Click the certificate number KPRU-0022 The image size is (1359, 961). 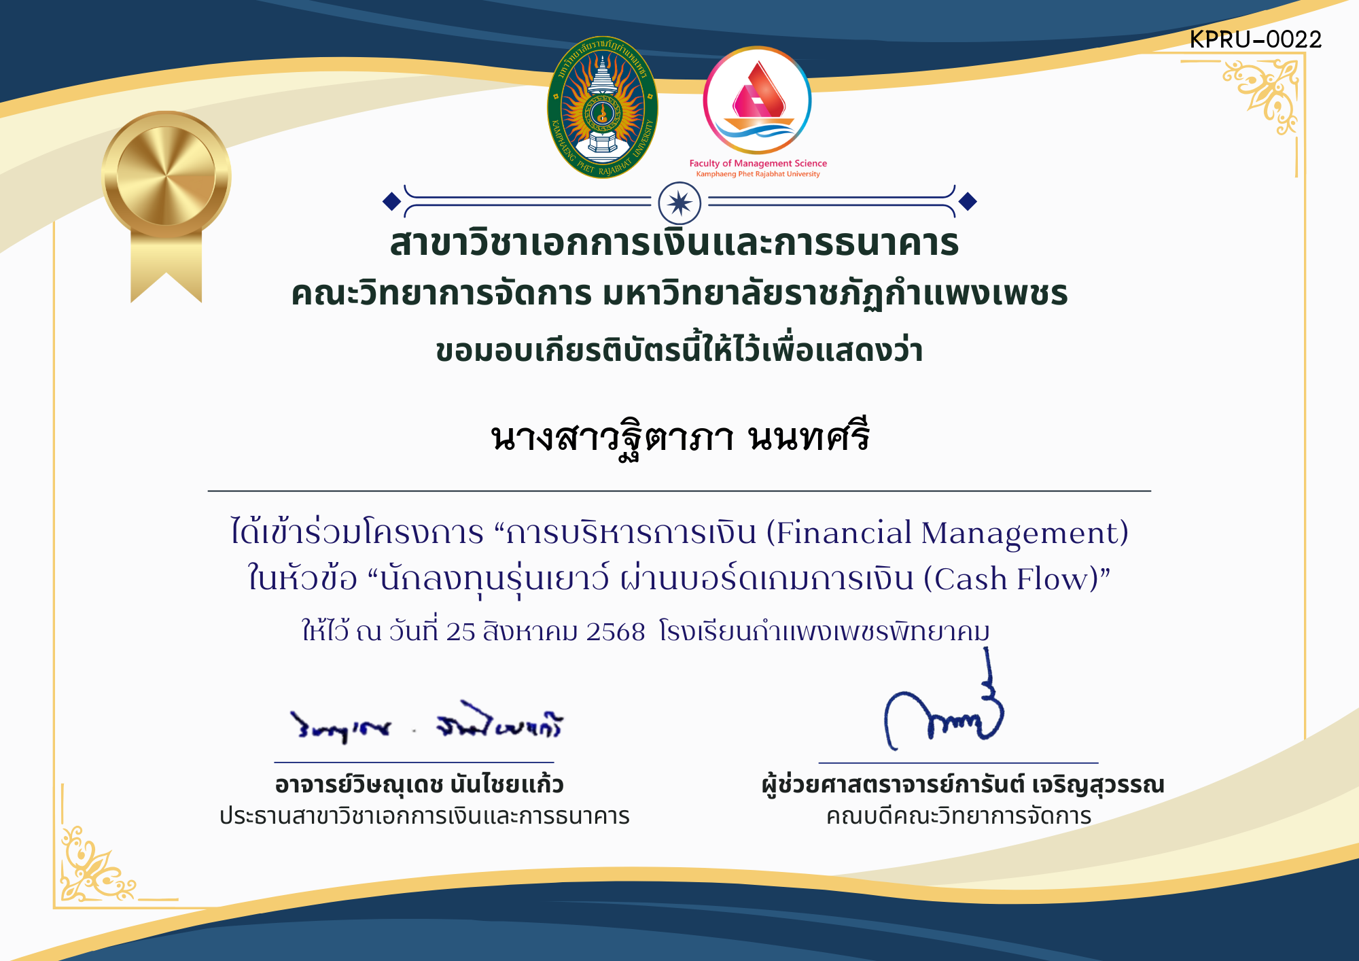pyautogui.click(x=1255, y=39)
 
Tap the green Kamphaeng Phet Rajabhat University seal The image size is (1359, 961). pyautogui.click(x=602, y=107)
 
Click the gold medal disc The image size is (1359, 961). pyautogui.click(x=166, y=175)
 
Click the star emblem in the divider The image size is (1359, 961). pyautogui.click(x=679, y=203)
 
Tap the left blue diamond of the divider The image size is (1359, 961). pyautogui.click(x=391, y=201)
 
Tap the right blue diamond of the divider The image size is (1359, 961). pyautogui.click(x=968, y=201)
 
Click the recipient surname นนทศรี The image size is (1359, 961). pyautogui.click(x=809, y=437)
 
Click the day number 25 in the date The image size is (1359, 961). pyautogui.click(x=461, y=632)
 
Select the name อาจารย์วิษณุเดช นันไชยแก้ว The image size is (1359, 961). pyautogui.click(x=419, y=785)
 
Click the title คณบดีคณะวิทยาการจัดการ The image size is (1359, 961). pyautogui.click(x=958, y=816)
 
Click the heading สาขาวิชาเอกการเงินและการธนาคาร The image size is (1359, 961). pyautogui.click(x=674, y=243)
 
